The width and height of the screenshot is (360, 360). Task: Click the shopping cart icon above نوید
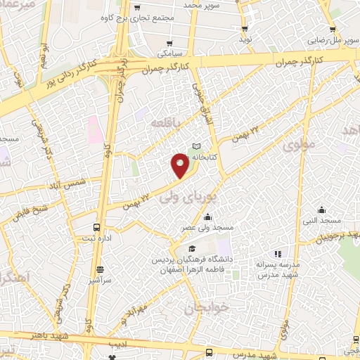click(x=245, y=29)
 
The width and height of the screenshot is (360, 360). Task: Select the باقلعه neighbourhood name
click(x=168, y=122)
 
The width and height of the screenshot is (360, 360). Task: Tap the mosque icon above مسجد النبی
click(x=321, y=210)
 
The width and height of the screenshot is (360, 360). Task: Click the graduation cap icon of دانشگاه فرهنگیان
click(x=192, y=248)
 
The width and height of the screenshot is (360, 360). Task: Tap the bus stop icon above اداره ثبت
click(x=96, y=227)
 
